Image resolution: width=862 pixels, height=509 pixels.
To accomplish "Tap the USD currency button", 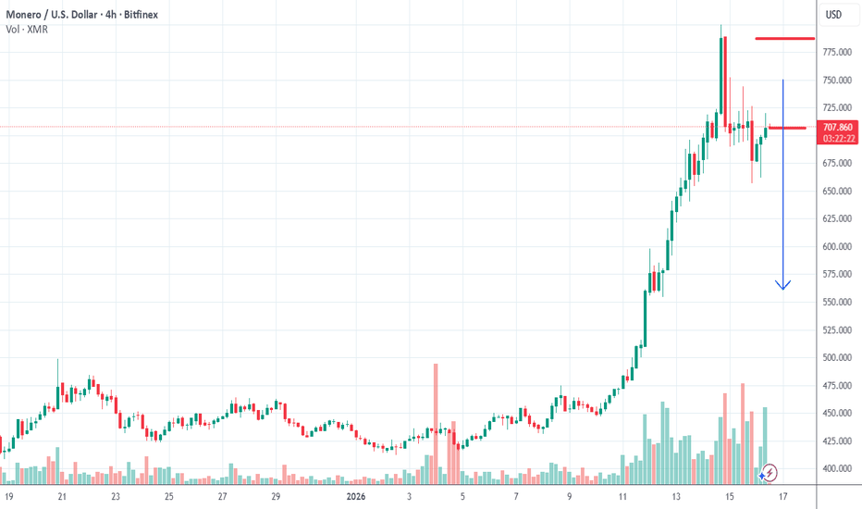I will (x=833, y=14).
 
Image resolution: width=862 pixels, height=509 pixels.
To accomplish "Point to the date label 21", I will (x=61, y=496).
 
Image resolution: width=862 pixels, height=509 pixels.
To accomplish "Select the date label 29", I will (x=277, y=496).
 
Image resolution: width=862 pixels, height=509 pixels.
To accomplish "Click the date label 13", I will (x=676, y=496).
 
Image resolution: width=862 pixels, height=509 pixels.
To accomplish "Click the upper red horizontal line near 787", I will (x=784, y=39).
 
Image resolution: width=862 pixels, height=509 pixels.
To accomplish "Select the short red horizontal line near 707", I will (x=787, y=128).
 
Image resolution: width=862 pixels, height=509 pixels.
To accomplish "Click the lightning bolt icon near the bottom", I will (x=770, y=472).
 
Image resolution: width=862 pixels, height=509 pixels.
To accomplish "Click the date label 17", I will (x=784, y=496).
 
